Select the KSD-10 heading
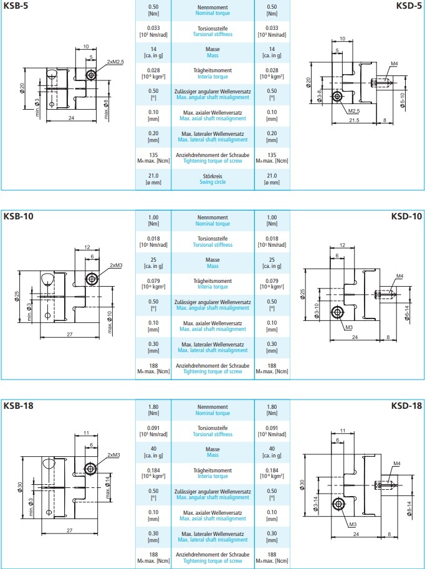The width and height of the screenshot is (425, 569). pos(407,216)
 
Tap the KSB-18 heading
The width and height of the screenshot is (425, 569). pos(18,406)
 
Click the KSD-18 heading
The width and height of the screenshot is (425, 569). pos(407,406)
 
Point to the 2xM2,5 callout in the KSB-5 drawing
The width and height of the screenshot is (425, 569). pos(115,62)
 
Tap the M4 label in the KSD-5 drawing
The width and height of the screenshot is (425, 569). pos(394,64)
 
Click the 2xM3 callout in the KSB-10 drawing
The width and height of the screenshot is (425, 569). pos(117,265)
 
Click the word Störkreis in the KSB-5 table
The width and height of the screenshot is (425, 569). pos(212,176)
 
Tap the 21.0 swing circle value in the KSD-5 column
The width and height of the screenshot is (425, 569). pos(272,176)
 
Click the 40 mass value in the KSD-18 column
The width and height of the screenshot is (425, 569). pos(272,449)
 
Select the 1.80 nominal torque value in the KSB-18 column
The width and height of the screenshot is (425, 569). pos(153,407)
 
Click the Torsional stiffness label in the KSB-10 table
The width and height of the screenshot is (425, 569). pos(212,245)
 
